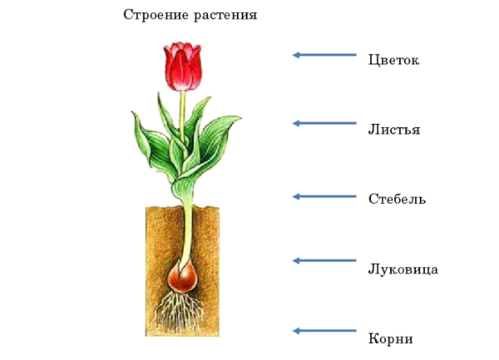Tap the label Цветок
pos(393,61)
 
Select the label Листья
pos(393,130)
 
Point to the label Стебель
pos(397,200)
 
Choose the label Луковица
pos(403,269)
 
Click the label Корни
pos(390,338)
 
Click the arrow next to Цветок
pos(324,55)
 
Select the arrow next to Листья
pos(324,124)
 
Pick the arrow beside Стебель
pos(324,197)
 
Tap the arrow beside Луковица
pos(324,260)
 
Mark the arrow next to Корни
pos(324,331)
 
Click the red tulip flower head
pos(182,67)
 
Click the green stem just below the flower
pos(183,104)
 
